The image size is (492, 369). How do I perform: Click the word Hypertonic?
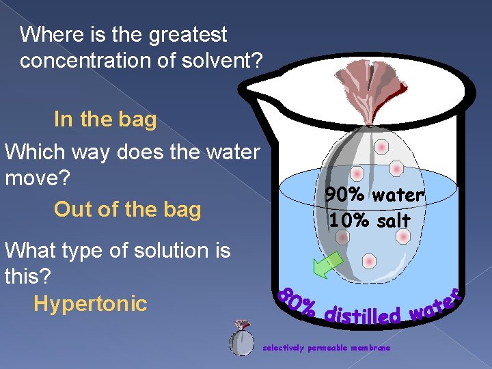(x=90, y=303)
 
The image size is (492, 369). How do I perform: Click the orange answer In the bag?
(x=105, y=120)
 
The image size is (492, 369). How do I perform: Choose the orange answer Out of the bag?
(x=127, y=209)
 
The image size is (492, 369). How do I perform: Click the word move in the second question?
(x=33, y=178)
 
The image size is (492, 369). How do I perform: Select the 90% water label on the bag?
(x=374, y=195)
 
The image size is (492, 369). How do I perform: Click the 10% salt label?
(x=369, y=221)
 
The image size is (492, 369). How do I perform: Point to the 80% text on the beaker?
(x=295, y=300)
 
